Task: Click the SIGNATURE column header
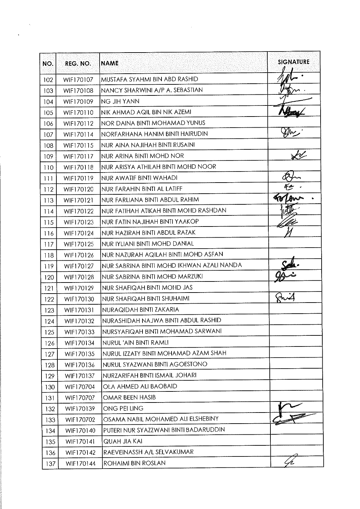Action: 294,62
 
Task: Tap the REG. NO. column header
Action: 78,64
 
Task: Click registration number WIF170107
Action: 79,80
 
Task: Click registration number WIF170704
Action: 79,387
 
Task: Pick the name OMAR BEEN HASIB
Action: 129,397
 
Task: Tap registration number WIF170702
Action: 79,419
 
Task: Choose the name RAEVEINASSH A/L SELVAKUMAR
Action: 148,452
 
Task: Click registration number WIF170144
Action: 79,463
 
